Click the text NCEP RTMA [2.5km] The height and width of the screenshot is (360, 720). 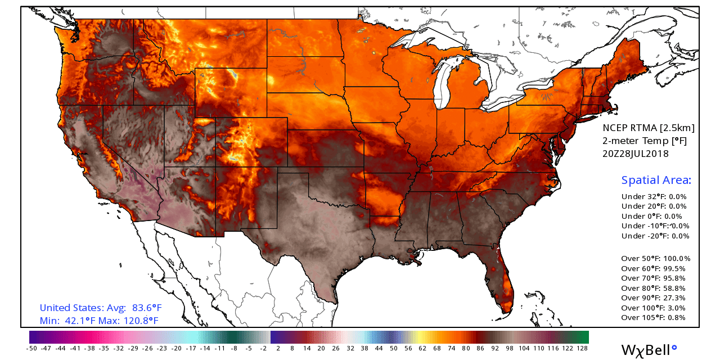[x=649, y=128]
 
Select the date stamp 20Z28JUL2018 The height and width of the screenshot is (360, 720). [x=636, y=154]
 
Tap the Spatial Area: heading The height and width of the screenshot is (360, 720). [x=656, y=181]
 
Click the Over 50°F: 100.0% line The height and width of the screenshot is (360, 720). [x=655, y=259]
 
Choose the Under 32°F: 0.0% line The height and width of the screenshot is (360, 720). [x=654, y=197]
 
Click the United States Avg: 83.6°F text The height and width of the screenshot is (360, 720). [x=101, y=308]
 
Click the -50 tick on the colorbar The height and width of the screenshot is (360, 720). [x=31, y=349]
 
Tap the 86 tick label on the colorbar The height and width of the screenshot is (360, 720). [x=480, y=349]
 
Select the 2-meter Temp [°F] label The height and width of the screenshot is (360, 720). [x=645, y=141]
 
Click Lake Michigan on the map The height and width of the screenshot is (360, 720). [x=445, y=84]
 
